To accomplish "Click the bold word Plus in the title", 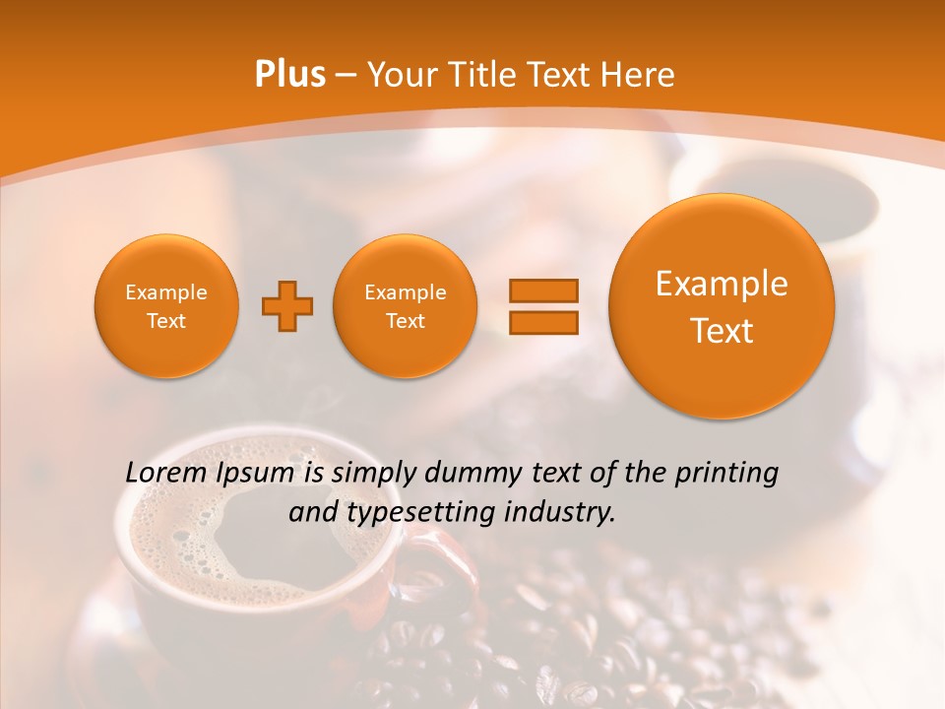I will click(289, 75).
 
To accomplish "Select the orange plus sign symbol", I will click(286, 306).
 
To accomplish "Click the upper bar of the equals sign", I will click(542, 290).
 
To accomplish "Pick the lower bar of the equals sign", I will click(542, 322).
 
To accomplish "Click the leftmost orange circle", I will click(166, 306).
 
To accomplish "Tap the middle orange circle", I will click(405, 306).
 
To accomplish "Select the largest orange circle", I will click(722, 305).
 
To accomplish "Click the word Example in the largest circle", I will click(722, 284).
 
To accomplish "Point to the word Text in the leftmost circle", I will click(166, 321).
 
